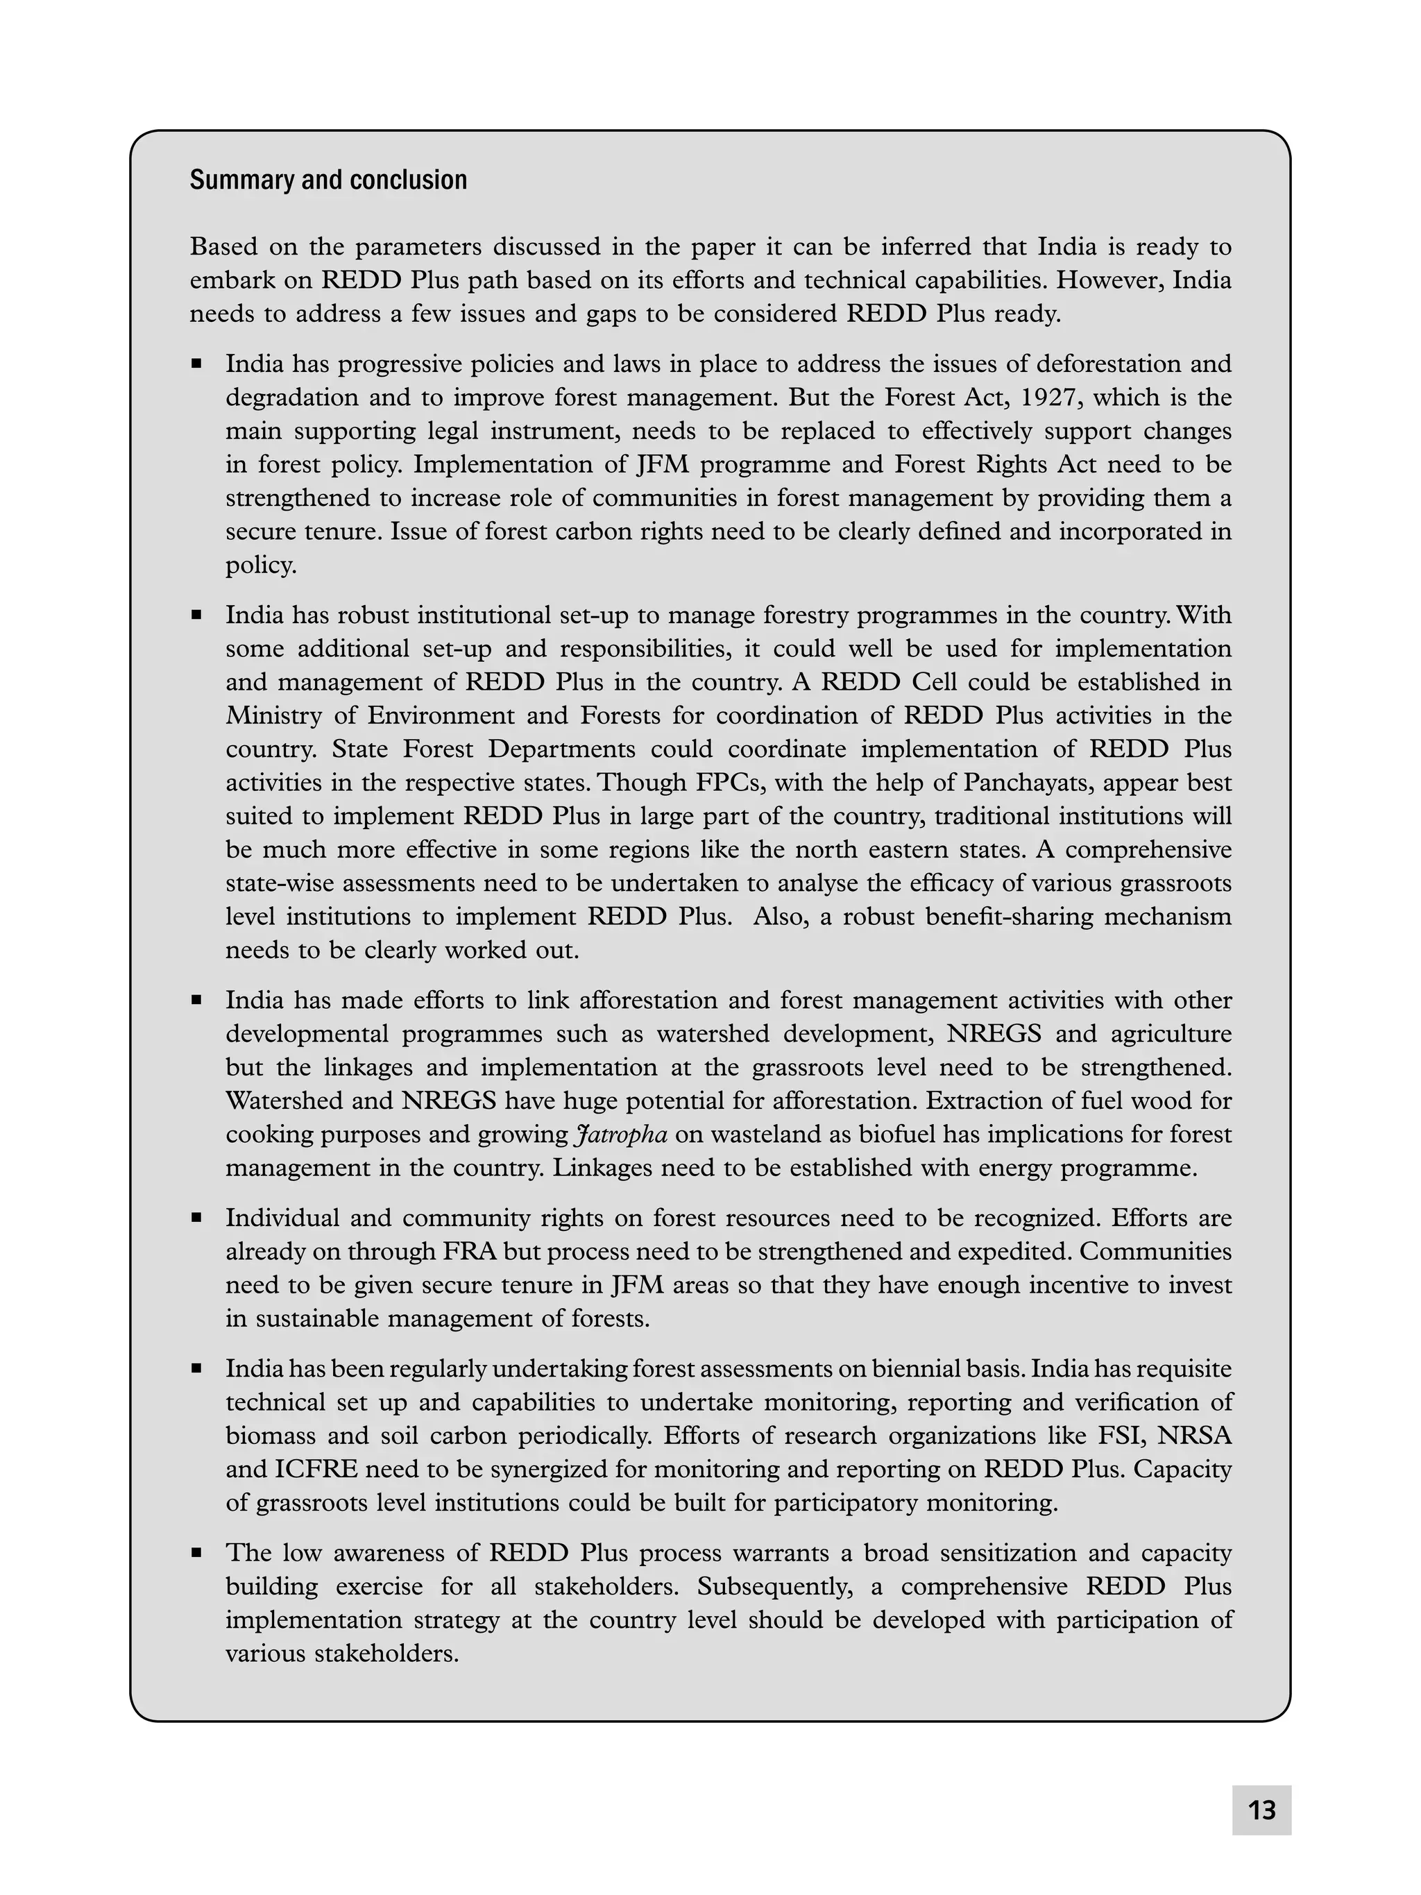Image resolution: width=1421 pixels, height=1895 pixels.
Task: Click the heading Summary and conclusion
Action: pos(328,180)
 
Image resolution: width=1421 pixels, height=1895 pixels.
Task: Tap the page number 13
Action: pos(1261,1810)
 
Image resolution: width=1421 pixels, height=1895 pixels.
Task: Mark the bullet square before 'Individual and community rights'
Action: pos(197,1216)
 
